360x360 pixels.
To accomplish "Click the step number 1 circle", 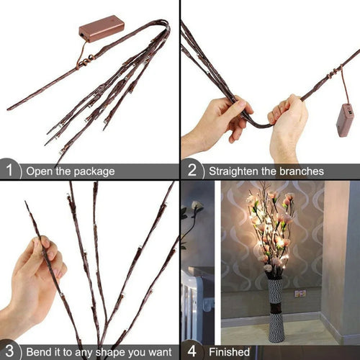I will pyautogui.click(x=9, y=171).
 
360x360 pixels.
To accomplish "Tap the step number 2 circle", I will pyautogui.click(x=192, y=171).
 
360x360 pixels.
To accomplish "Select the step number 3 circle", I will pyautogui.click(x=9, y=351).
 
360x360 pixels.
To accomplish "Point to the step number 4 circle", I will pyautogui.click(x=192, y=351).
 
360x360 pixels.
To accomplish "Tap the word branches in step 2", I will pyautogui.click(x=297, y=171).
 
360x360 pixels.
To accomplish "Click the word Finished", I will pyautogui.click(x=229, y=352).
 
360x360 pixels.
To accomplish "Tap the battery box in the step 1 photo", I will pyautogui.click(x=101, y=28).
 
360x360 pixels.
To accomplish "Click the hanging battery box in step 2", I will pyautogui.click(x=345, y=120).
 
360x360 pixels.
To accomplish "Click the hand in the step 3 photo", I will pyautogui.click(x=32, y=277).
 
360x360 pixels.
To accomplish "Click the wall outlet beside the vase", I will pyautogui.click(x=300, y=293).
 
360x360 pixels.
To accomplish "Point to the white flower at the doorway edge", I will pyautogui.click(x=196, y=207).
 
